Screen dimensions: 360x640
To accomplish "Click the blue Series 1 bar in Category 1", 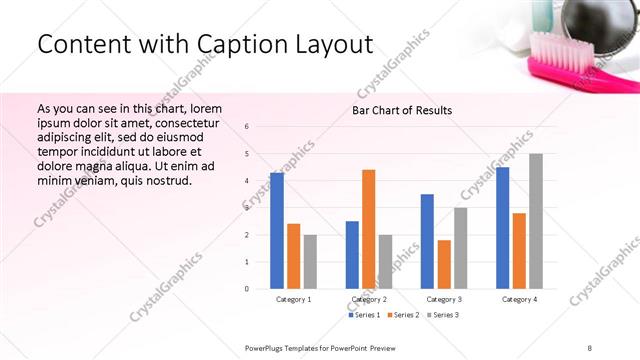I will click(277, 231).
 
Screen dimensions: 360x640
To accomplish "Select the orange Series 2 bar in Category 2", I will click(369, 229).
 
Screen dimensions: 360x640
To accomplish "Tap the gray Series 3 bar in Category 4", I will click(536, 221).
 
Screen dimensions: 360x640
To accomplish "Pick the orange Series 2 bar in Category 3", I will click(444, 264).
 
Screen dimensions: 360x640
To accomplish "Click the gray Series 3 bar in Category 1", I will click(310, 262).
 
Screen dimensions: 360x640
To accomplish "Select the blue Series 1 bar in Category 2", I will click(352, 255).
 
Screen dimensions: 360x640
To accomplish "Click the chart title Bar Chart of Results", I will click(402, 110).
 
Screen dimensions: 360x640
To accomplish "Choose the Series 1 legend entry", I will click(364, 315).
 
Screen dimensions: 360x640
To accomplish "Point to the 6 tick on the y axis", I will click(246, 126).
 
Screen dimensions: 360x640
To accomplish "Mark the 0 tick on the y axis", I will click(246, 289).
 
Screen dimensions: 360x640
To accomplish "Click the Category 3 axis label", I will click(444, 299).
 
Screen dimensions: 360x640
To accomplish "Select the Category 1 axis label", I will click(293, 299).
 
